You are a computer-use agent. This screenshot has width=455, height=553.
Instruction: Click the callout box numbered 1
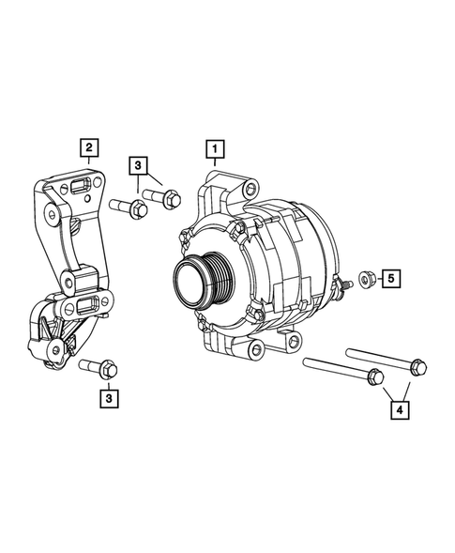(215, 148)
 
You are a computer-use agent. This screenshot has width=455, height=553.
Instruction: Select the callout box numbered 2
(89, 146)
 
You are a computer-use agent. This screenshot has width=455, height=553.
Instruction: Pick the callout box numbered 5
(390, 278)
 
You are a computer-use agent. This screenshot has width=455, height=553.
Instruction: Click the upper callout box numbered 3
(139, 166)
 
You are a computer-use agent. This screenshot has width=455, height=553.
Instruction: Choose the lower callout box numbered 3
(110, 398)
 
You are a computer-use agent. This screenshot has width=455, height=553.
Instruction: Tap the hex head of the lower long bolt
(375, 377)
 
